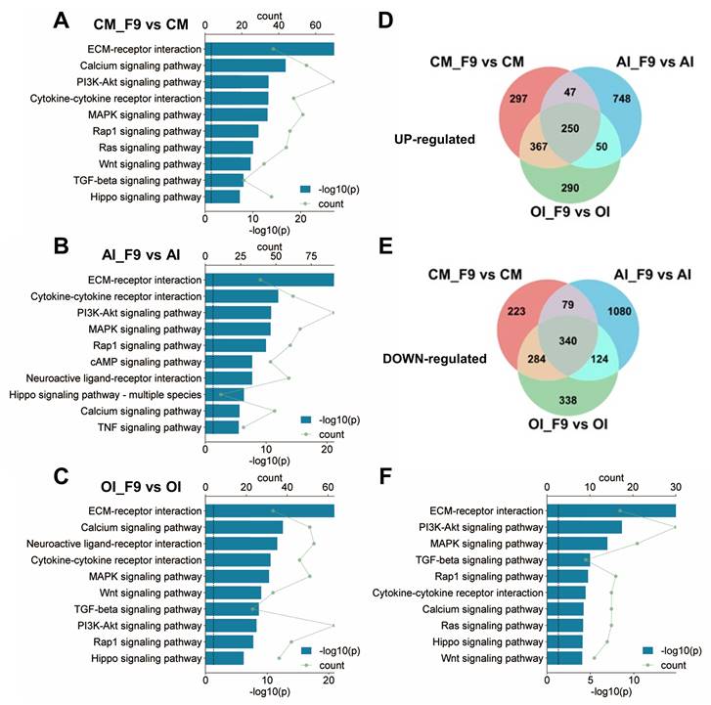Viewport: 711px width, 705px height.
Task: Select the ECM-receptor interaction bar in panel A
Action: click(x=269, y=49)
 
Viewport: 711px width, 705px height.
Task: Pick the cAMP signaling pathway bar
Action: click(x=229, y=362)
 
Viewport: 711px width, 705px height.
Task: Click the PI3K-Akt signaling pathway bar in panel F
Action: click(x=584, y=527)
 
